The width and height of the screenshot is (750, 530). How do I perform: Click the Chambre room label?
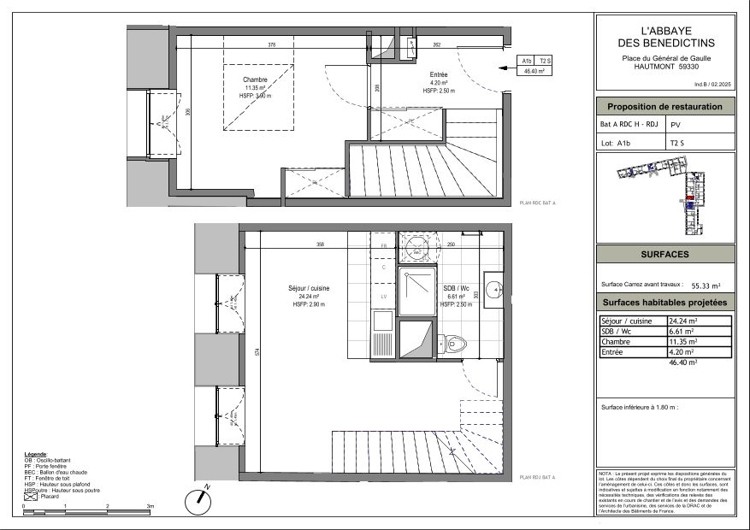255,79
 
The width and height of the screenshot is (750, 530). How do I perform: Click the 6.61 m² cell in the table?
680,332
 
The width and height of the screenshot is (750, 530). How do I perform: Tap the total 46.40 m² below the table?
683,362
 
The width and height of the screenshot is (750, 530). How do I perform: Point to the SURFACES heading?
664,255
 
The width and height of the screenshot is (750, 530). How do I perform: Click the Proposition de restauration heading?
664,107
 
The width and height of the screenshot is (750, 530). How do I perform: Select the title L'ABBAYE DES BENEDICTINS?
664,36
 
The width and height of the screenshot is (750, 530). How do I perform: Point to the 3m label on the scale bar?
150,507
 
